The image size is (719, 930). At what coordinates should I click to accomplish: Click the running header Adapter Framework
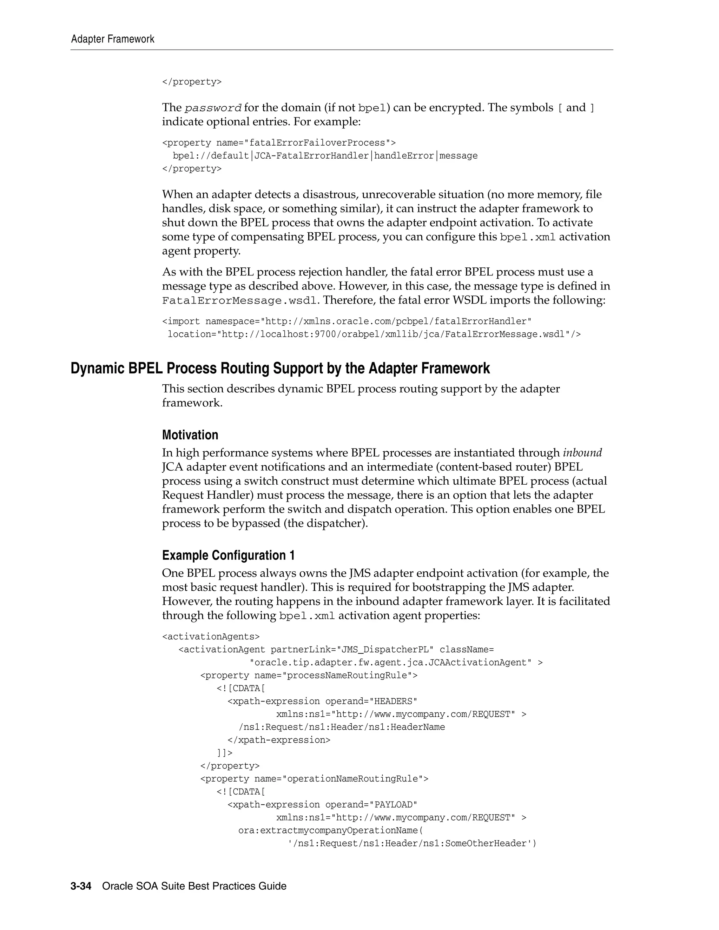pos(112,39)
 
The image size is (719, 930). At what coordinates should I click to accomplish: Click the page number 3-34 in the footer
pos(81,886)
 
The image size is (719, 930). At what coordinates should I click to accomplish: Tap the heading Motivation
pos(190,435)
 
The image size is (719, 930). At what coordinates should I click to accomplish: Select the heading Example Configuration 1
pos(228,555)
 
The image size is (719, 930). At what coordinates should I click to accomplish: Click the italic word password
pos(213,108)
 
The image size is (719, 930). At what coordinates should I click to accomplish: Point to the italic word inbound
pos(582,453)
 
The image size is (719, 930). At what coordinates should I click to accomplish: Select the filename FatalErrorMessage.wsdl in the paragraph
pos(239,301)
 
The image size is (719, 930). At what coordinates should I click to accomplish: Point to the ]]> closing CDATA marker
pos(224,753)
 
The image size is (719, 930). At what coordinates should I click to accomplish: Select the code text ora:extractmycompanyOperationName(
pos(330,830)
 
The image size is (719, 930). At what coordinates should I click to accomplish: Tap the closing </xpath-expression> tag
pos(279,740)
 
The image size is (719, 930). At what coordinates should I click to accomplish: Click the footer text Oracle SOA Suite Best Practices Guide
pos(194,886)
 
